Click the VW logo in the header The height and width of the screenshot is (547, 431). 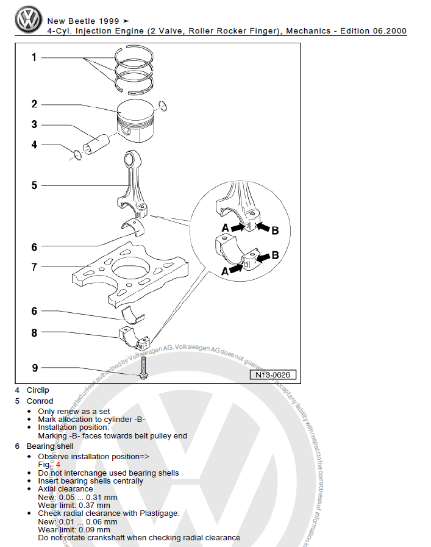coord(29,20)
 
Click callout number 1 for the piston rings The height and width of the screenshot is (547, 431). coord(34,57)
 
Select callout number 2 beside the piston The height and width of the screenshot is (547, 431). coord(34,104)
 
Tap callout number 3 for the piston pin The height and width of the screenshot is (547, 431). coord(34,124)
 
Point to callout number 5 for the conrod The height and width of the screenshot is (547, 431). coord(34,185)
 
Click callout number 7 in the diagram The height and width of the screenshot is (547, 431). coord(34,266)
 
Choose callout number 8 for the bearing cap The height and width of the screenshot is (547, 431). coord(34,333)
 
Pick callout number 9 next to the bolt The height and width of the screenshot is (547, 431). coord(34,368)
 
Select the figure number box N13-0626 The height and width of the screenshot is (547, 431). coord(271,374)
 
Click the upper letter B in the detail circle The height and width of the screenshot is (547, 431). coord(275,231)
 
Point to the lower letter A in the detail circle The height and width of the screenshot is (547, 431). coord(225,272)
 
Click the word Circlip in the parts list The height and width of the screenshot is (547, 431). coord(38,390)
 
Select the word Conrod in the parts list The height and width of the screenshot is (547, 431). coord(40,401)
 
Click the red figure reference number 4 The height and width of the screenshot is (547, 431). coord(58,465)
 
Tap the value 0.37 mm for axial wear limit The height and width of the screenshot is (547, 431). coord(95,505)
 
